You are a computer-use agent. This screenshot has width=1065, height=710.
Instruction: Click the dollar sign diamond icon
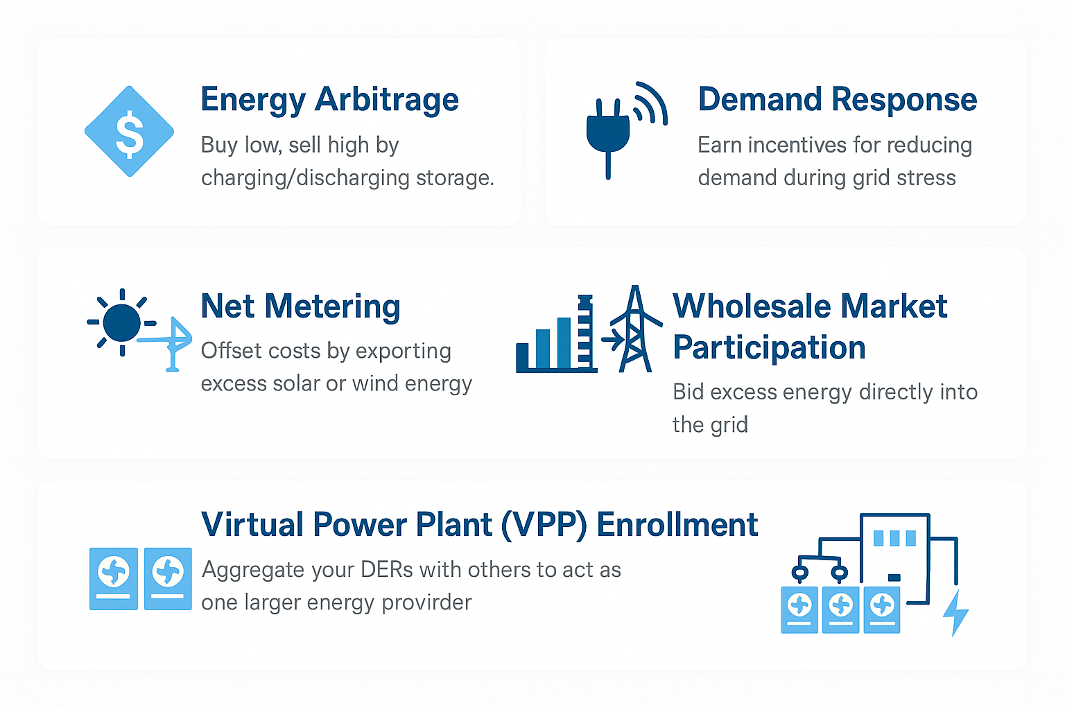(x=129, y=131)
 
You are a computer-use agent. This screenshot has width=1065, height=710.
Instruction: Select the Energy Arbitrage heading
(x=329, y=100)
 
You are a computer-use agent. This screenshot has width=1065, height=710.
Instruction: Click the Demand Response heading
(x=838, y=99)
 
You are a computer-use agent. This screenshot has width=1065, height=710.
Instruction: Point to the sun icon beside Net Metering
(x=122, y=322)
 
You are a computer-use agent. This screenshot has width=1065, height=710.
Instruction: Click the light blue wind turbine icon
(x=168, y=343)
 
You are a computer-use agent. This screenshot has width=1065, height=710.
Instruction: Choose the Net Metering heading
(x=300, y=306)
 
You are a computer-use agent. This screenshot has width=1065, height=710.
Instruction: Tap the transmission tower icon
(x=635, y=329)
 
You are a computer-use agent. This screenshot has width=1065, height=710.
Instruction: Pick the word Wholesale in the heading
(x=752, y=306)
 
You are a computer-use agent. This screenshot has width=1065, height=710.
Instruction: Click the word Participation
(x=769, y=347)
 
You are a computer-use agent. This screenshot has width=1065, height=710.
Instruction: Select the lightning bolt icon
(x=955, y=613)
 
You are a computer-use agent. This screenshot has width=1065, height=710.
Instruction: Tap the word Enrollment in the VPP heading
(x=677, y=525)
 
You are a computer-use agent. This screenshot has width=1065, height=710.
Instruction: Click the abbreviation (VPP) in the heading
(x=544, y=526)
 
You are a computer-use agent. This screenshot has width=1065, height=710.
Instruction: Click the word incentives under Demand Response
(x=797, y=145)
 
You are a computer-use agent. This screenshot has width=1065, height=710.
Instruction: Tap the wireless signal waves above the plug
(x=650, y=104)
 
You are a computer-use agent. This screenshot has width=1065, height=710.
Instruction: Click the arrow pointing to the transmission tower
(x=613, y=340)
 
